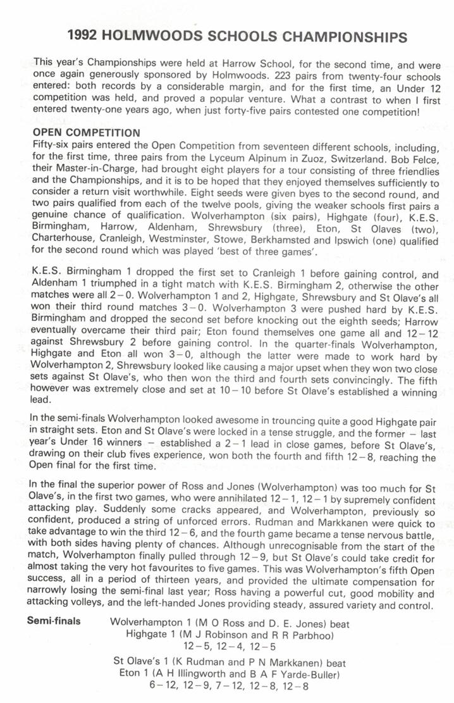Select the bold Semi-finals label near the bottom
coord(54,621)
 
